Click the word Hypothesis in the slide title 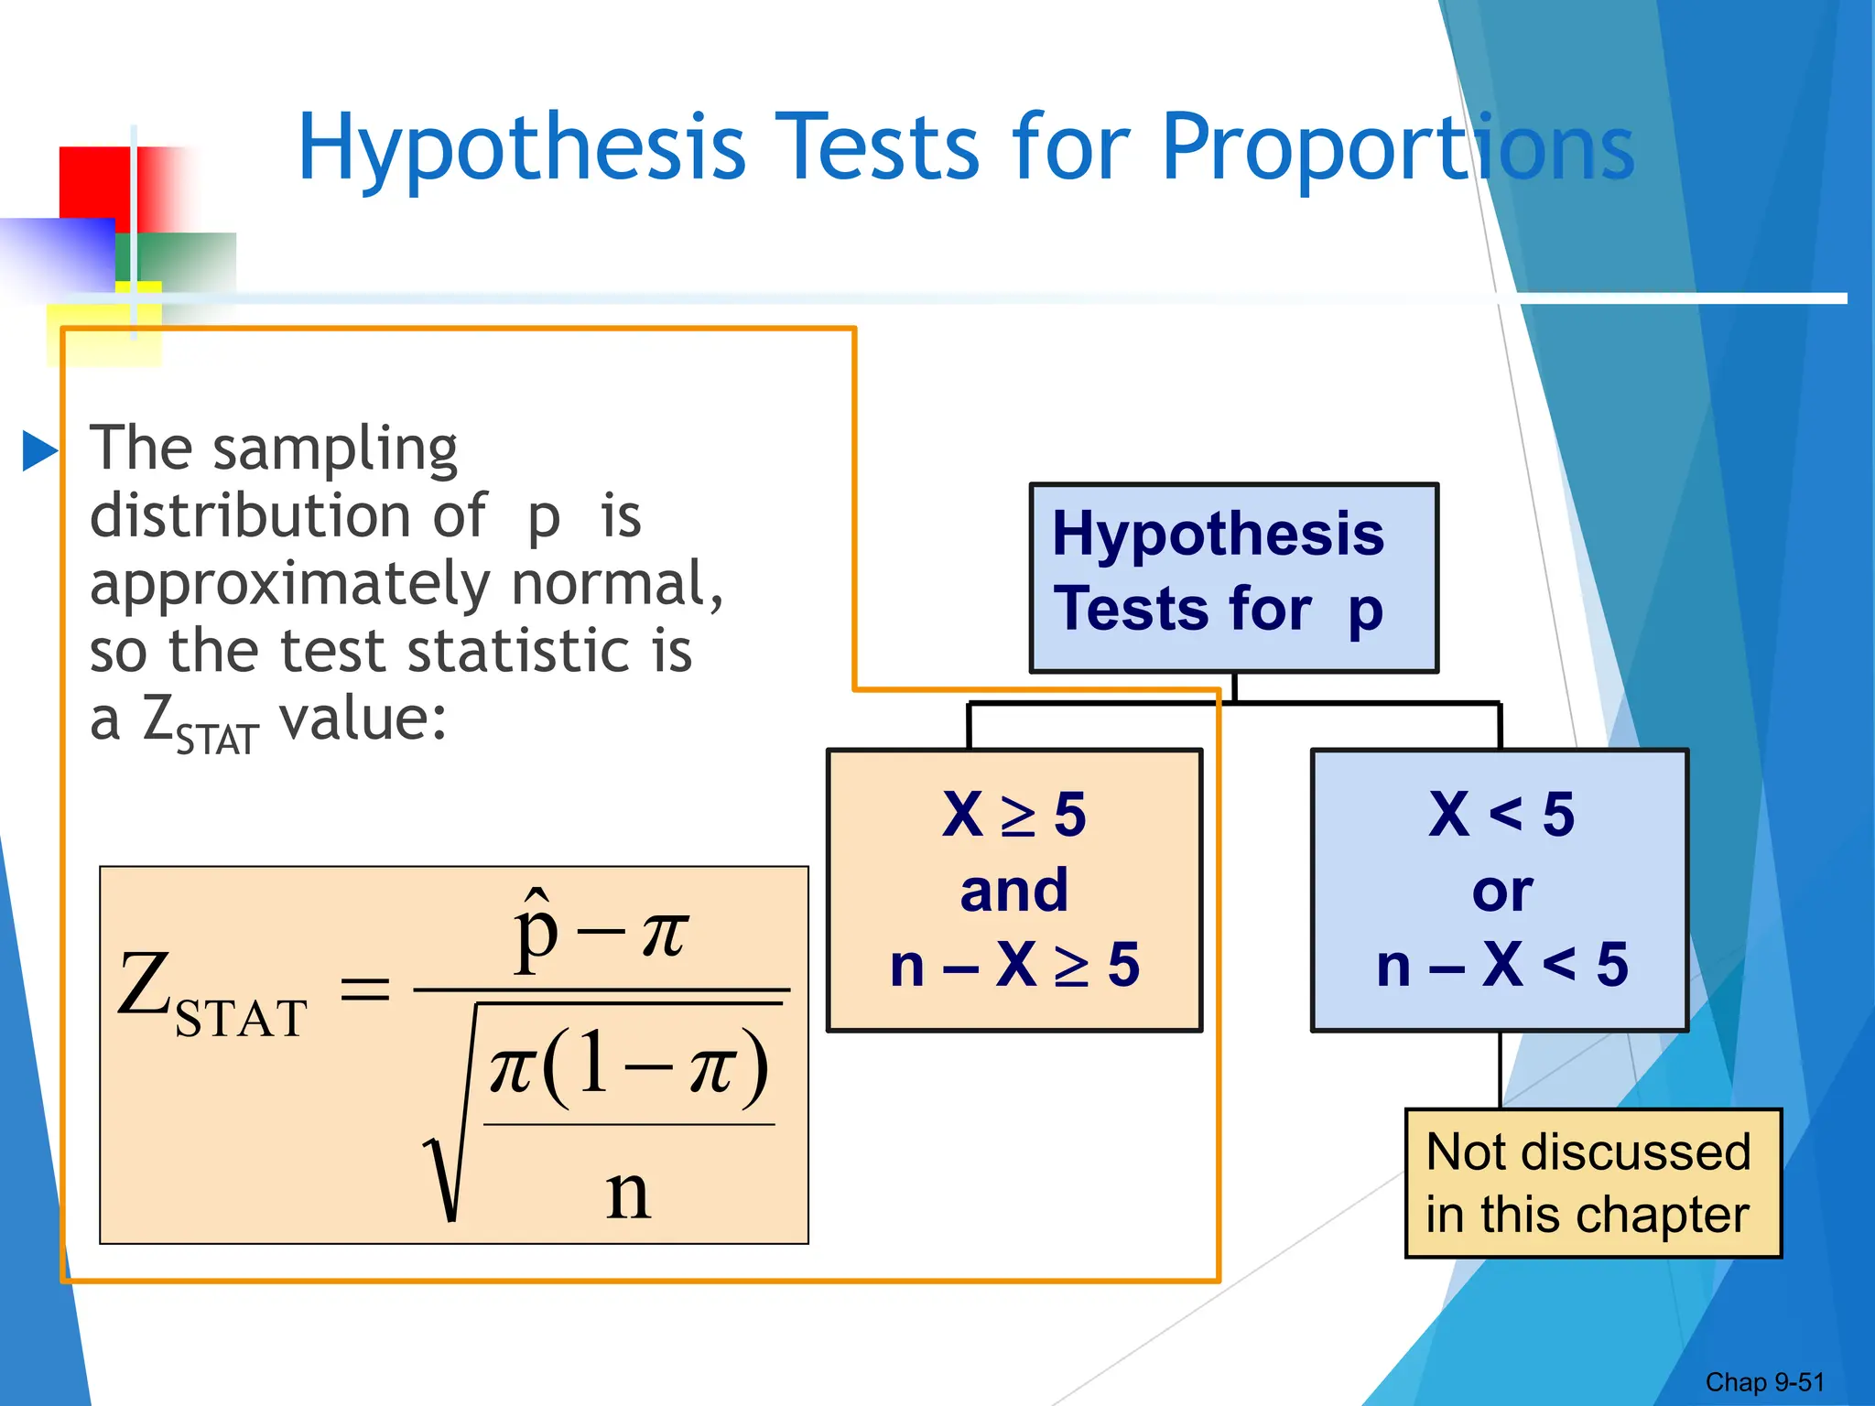pyautogui.click(x=522, y=148)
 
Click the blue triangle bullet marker pyautogui.click(x=39, y=450)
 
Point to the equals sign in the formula pyautogui.click(x=364, y=990)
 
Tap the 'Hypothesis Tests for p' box pyautogui.click(x=1233, y=578)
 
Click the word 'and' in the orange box pyautogui.click(x=1014, y=890)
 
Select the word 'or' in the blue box pyautogui.click(x=1501, y=891)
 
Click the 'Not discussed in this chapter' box pyautogui.click(x=1592, y=1183)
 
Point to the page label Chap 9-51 pyautogui.click(x=1764, y=1382)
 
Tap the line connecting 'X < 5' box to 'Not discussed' pyautogui.click(x=1500, y=1070)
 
